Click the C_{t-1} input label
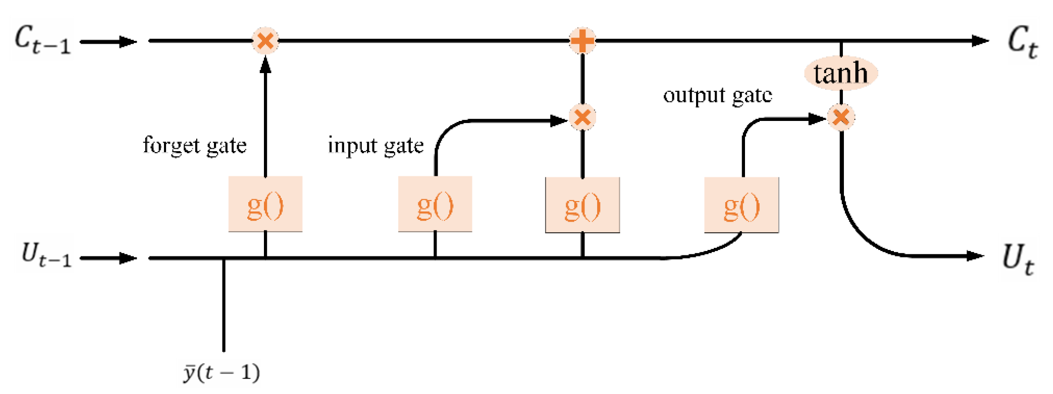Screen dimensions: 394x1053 [x=42, y=40]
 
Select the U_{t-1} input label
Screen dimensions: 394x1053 [x=46, y=255]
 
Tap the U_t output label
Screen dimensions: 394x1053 [x=1017, y=259]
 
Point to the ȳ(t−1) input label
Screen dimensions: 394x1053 [x=221, y=372]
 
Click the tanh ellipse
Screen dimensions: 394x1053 [x=841, y=73]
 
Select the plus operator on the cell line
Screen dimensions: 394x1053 [x=582, y=40]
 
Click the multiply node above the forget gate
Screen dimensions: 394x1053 [x=265, y=40]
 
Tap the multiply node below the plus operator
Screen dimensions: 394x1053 [x=582, y=117]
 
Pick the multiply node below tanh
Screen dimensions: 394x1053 [x=841, y=117]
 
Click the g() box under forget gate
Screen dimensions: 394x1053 [x=265, y=205]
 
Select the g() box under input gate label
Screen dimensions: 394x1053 [x=435, y=205]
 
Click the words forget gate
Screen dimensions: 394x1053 [x=195, y=145]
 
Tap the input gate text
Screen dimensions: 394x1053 [x=375, y=145]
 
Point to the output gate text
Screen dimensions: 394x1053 [x=717, y=95]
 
